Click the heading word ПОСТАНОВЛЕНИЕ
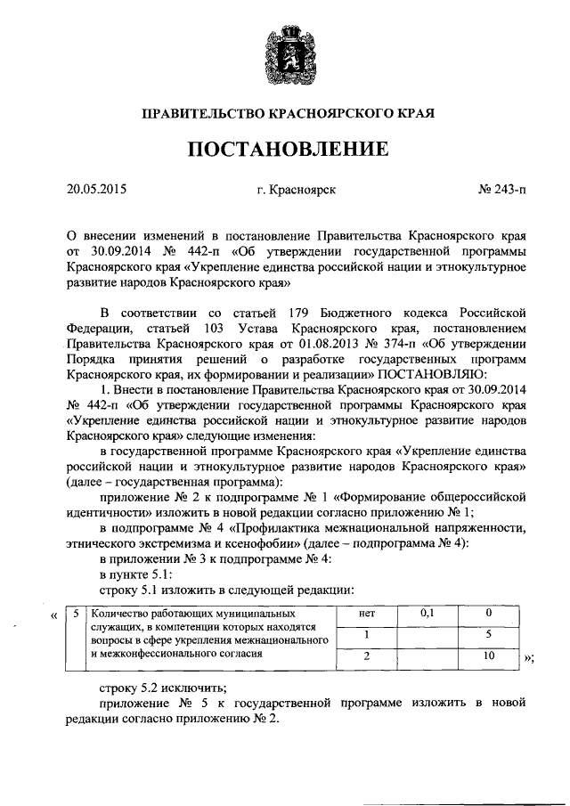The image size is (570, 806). (x=284, y=149)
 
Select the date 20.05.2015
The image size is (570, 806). (x=97, y=189)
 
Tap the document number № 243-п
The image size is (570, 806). (x=501, y=189)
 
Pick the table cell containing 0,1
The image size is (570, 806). (x=427, y=615)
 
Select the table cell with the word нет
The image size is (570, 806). (x=366, y=615)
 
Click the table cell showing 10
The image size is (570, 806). (x=488, y=655)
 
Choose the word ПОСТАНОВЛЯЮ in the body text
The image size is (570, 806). (x=430, y=374)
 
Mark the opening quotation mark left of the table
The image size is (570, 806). (x=56, y=615)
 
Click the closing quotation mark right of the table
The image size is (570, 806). (x=527, y=659)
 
